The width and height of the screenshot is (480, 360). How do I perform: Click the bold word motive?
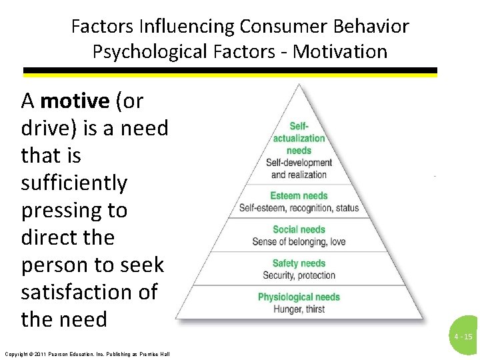pyautogui.click(x=75, y=101)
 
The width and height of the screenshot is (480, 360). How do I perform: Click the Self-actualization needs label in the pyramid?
pyautogui.click(x=299, y=138)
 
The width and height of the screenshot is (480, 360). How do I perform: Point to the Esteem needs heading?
pyautogui.click(x=299, y=196)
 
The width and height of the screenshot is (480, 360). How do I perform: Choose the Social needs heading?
pyautogui.click(x=299, y=229)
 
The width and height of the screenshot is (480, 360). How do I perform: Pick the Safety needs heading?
pyautogui.click(x=299, y=263)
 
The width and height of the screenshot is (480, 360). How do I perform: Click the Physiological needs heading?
pyautogui.click(x=299, y=297)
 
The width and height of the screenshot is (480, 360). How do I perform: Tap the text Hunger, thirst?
pyautogui.click(x=299, y=309)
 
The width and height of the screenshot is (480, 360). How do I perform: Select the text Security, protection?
pyautogui.click(x=299, y=275)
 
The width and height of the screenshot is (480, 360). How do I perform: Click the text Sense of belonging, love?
pyautogui.click(x=299, y=241)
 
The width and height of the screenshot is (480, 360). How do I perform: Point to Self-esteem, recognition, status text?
pyautogui.click(x=299, y=208)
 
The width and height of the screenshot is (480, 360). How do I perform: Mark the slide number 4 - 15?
pyautogui.click(x=463, y=337)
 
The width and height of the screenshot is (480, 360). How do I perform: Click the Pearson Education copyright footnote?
pyautogui.click(x=87, y=353)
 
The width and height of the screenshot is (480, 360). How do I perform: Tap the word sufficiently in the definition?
pyautogui.click(x=74, y=183)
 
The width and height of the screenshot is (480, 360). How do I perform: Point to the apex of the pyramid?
pyautogui.click(x=299, y=85)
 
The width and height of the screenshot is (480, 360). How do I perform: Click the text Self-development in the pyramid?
pyautogui.click(x=299, y=163)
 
